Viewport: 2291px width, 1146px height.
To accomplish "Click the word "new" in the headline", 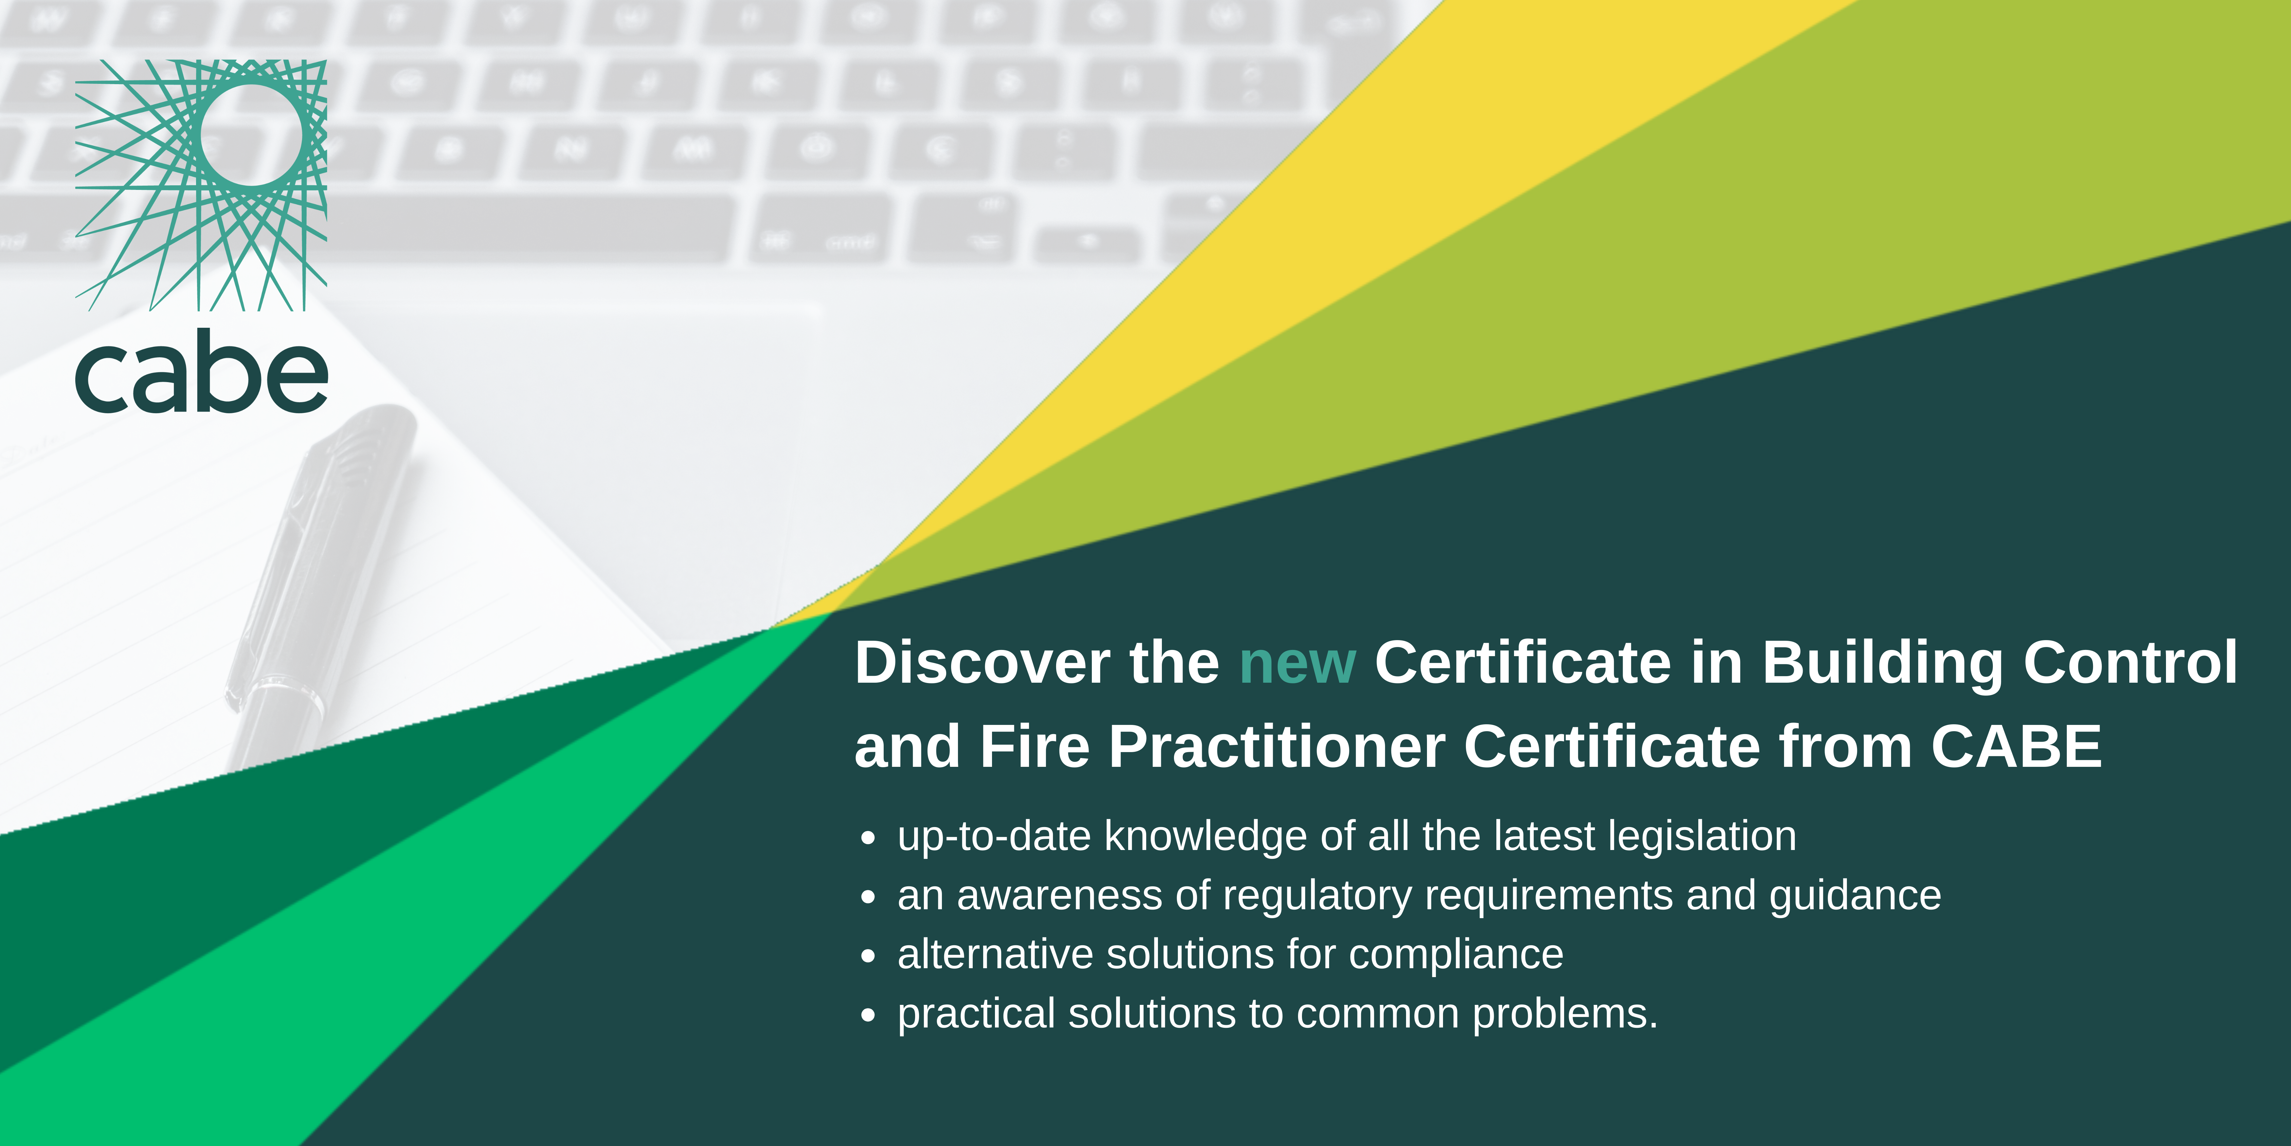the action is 1298,664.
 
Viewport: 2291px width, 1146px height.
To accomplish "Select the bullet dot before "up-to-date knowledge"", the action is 868,838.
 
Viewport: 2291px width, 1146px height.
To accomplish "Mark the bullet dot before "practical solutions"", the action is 868,1015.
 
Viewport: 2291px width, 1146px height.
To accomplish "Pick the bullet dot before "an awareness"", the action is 868,897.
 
